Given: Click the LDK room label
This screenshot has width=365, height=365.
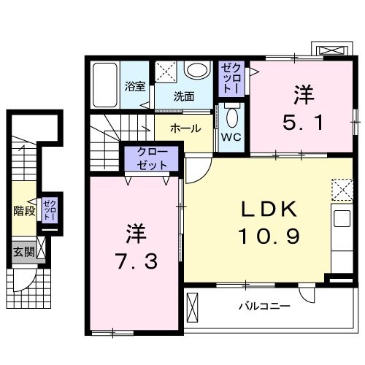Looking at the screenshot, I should [269, 210].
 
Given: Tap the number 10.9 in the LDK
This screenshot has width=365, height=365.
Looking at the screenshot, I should [269, 237].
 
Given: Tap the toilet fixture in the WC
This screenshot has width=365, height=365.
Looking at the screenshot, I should [233, 117].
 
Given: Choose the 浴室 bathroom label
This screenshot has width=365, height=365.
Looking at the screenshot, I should [135, 86].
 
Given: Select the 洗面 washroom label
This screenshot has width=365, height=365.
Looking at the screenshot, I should [184, 96].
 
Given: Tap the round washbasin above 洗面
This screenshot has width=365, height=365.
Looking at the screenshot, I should [195, 72].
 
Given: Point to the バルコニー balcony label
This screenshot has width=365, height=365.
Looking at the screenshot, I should [264, 305].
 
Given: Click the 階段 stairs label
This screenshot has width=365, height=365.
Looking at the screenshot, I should [24, 212].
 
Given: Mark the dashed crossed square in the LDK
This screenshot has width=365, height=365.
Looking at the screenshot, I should [342, 189].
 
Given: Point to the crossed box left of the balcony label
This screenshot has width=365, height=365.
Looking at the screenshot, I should [193, 306].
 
